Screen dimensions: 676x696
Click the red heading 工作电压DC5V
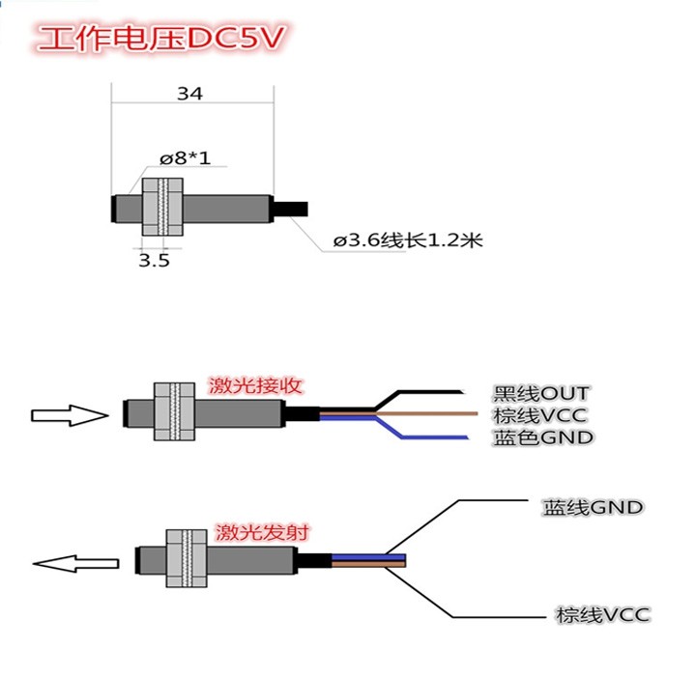click(162, 40)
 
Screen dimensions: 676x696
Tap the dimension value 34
click(190, 94)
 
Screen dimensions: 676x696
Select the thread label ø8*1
click(185, 158)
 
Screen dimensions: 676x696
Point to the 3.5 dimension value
click(154, 261)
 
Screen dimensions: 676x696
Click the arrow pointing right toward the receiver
click(68, 415)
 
